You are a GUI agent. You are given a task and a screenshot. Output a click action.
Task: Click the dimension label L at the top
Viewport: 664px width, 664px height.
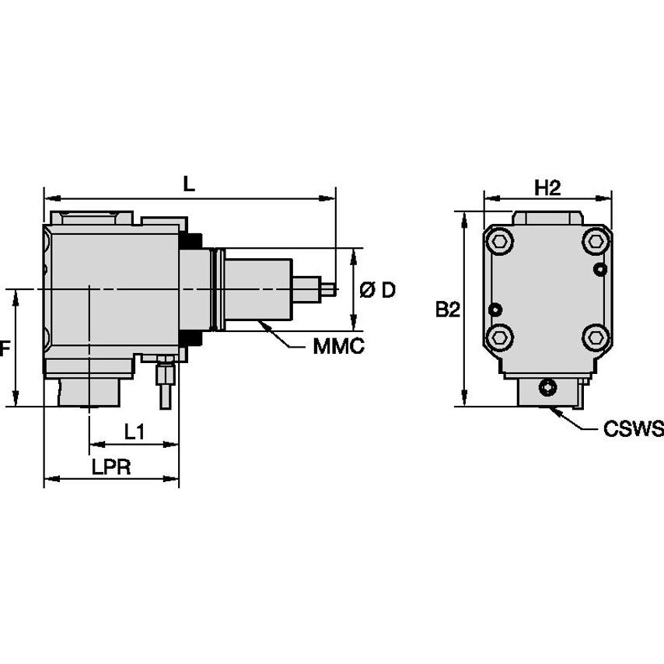(188, 183)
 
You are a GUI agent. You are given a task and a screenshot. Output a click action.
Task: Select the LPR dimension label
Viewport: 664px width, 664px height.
(110, 467)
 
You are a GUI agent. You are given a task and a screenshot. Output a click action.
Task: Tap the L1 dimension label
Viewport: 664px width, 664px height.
(134, 432)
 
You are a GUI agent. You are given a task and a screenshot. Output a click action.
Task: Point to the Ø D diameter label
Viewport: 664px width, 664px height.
(378, 290)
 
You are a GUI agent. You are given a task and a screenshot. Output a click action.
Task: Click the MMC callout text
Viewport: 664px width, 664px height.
(338, 347)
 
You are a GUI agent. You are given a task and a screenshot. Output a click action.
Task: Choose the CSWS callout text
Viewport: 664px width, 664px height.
(633, 428)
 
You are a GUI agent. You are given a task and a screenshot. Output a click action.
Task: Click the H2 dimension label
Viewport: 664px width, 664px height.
(547, 187)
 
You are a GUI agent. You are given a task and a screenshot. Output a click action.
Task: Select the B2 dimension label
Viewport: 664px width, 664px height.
(447, 309)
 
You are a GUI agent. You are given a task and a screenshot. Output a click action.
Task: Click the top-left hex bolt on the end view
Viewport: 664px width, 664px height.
(499, 242)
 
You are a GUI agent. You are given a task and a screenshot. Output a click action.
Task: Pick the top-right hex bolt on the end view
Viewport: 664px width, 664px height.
(596, 242)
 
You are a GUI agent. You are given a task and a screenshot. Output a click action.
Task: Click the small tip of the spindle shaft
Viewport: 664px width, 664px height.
(330, 288)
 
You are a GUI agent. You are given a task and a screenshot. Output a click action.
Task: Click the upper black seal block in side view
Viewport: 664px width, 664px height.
(190, 240)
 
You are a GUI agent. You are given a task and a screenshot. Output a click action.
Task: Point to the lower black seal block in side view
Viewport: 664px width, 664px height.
(190, 339)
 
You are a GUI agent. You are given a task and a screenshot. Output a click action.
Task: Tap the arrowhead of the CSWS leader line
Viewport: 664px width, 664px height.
(551, 408)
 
